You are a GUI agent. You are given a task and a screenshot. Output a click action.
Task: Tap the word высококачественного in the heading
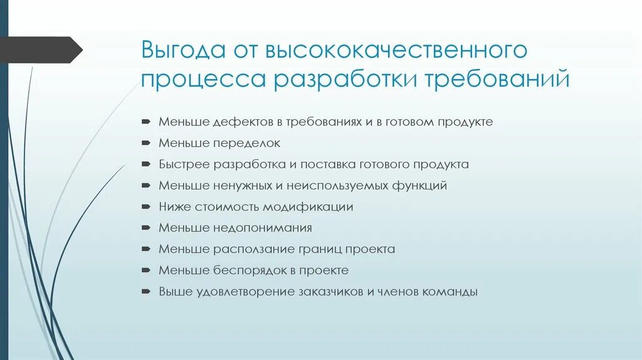pyautogui.click(x=394, y=50)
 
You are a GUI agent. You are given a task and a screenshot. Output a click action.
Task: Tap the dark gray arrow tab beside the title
pyautogui.click(x=41, y=50)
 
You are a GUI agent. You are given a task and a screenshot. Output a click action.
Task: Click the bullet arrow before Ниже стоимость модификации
pyautogui.click(x=145, y=207)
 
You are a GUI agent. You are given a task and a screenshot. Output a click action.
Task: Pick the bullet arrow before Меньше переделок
pyautogui.click(x=145, y=143)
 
